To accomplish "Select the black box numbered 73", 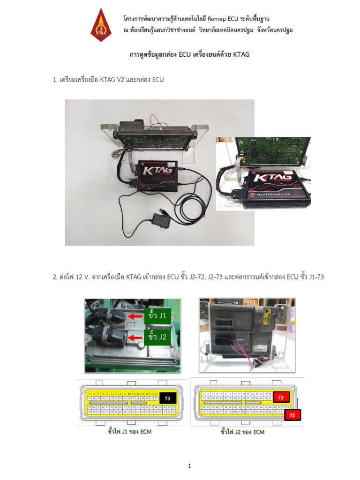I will pyautogui.click(x=166, y=398).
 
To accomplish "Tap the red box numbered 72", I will pyautogui.click(x=292, y=415).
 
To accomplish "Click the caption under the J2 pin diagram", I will pyautogui.click(x=243, y=432).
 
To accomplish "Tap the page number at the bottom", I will pyautogui.click(x=190, y=466).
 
